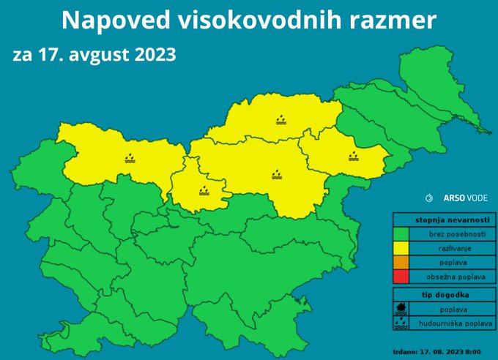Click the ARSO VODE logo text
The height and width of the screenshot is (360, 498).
click(464, 198)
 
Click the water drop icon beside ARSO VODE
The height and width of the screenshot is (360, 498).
click(429, 198)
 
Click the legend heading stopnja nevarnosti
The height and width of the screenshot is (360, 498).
click(441, 220)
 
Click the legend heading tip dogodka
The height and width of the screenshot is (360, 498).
click(441, 294)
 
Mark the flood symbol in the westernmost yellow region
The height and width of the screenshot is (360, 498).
click(130, 157)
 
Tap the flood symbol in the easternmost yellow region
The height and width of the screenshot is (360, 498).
click(354, 156)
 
